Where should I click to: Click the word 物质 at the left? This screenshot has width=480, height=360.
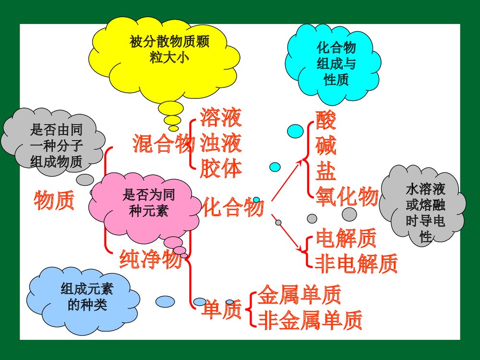54,200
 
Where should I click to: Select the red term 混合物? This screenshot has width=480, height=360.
164,144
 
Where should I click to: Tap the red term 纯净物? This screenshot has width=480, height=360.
150,260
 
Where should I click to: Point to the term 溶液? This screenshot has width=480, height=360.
221,118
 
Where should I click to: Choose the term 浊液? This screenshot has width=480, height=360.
221,143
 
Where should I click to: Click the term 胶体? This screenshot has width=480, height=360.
221,168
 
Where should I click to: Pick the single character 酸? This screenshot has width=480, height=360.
326,120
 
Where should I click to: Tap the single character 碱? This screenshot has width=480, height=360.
326,145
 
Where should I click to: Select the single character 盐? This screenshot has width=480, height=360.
326,171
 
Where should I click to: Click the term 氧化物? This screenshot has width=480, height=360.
347,196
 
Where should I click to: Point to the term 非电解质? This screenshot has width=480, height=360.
357,263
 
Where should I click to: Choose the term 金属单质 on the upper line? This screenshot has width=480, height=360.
300,295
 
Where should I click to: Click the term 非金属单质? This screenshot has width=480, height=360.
310,320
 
